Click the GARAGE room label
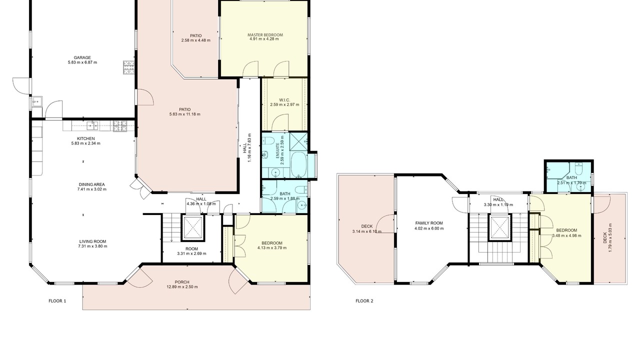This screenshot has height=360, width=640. pos(82,57)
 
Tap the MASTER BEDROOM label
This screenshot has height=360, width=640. pos(265,35)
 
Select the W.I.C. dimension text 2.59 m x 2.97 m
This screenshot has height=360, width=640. pos(284,104)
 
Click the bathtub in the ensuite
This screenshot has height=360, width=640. pos(299,165)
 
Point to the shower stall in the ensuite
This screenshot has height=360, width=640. pos(298,141)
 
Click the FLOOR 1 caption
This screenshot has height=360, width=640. pos(57,301)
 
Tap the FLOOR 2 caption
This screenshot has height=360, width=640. pos(364,301)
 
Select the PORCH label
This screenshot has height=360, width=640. pos(182,282)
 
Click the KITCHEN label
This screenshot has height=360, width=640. pos(85,138)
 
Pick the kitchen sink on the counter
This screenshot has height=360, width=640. pos(92,125)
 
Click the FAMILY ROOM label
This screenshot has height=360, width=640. pos(429,223)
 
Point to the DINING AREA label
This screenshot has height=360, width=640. pos(91,184)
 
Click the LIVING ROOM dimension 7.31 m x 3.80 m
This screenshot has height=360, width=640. pos(92,246)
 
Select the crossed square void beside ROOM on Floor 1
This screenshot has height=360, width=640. pos(193,227)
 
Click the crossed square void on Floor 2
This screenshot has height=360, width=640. pos(499,227)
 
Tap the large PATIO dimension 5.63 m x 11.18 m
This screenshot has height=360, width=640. pos(184,114)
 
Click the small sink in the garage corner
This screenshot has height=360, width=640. pos(36,101)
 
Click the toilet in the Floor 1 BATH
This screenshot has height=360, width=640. pos(301,190)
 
